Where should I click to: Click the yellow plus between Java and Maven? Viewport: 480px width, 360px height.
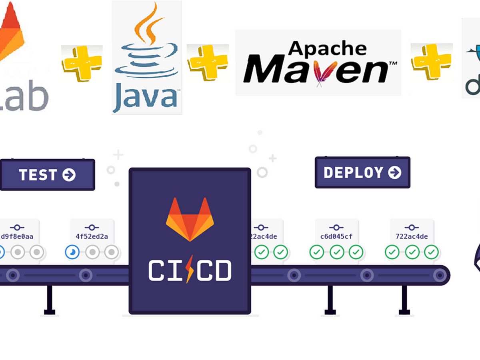pyautogui.click(x=208, y=62)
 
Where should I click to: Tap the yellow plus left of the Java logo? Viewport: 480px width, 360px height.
pyautogui.click(x=82, y=63)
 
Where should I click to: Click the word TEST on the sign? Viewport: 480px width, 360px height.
pyautogui.click(x=38, y=175)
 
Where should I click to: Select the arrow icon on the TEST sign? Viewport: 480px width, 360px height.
pyautogui.click(x=69, y=175)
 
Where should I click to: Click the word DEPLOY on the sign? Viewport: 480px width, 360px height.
pyautogui.click(x=353, y=172)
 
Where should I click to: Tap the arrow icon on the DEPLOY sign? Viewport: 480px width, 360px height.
pyautogui.click(x=395, y=172)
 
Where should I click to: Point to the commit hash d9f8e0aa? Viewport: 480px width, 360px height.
pyautogui.click(x=17, y=236)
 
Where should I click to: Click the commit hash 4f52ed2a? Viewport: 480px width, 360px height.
pyautogui.click(x=92, y=236)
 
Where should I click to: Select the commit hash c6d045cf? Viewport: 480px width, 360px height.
pyautogui.click(x=336, y=236)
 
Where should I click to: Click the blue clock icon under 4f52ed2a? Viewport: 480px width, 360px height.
pyautogui.click(x=72, y=252)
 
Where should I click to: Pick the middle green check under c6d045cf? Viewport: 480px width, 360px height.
pyautogui.click(x=336, y=252)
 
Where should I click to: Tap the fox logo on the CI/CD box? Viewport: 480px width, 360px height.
pyautogui.click(x=190, y=219)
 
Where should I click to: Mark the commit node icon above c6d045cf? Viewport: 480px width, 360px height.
pyautogui.click(x=336, y=227)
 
